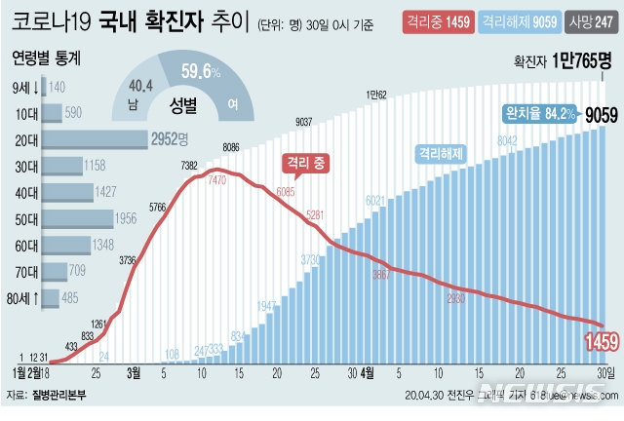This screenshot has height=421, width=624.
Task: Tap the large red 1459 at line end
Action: (x=596, y=342)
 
